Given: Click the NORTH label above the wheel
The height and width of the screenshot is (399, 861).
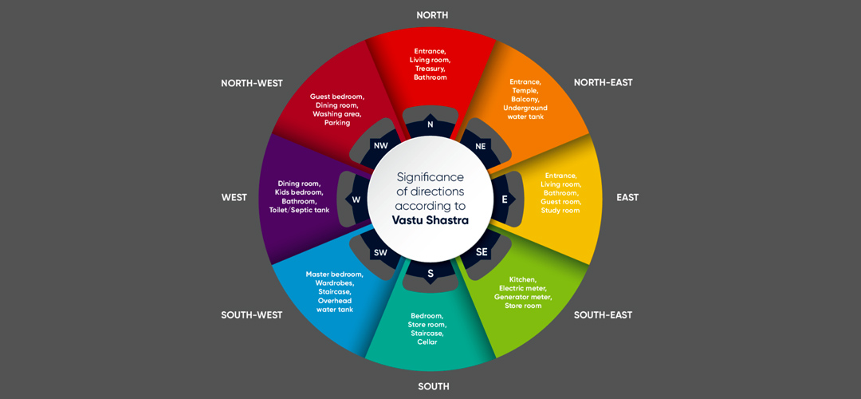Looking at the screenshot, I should (432, 15).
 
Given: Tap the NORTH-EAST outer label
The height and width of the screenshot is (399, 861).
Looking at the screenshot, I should (603, 83).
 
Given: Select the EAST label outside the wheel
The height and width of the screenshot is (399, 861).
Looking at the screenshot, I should (627, 197).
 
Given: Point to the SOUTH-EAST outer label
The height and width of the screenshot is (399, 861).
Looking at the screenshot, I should (603, 315).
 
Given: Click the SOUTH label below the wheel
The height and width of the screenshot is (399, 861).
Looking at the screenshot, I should (434, 386).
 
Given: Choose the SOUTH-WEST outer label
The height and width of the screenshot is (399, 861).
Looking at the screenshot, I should (252, 315).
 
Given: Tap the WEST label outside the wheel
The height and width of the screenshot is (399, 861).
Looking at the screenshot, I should (234, 197).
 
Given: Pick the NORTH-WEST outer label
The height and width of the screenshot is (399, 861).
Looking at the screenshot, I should (252, 83).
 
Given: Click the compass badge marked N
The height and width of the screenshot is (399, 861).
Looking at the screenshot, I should (431, 124).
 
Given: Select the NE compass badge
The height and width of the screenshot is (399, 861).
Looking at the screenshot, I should (481, 146).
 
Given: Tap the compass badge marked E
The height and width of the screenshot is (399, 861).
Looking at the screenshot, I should (505, 199).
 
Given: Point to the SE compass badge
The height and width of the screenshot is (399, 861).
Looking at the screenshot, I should (481, 252).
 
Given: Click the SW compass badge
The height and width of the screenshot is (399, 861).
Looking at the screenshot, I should (380, 252).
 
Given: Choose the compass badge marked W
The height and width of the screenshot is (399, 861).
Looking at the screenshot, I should (356, 199).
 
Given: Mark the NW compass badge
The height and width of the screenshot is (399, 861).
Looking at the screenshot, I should (380, 146).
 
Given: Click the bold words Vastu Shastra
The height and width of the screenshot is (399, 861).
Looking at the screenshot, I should (431, 219).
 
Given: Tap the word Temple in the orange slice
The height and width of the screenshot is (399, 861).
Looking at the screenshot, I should (525, 90).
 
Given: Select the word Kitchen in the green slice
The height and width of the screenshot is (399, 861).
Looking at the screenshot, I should (523, 279).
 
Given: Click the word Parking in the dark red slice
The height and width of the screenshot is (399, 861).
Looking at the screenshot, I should (337, 123).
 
